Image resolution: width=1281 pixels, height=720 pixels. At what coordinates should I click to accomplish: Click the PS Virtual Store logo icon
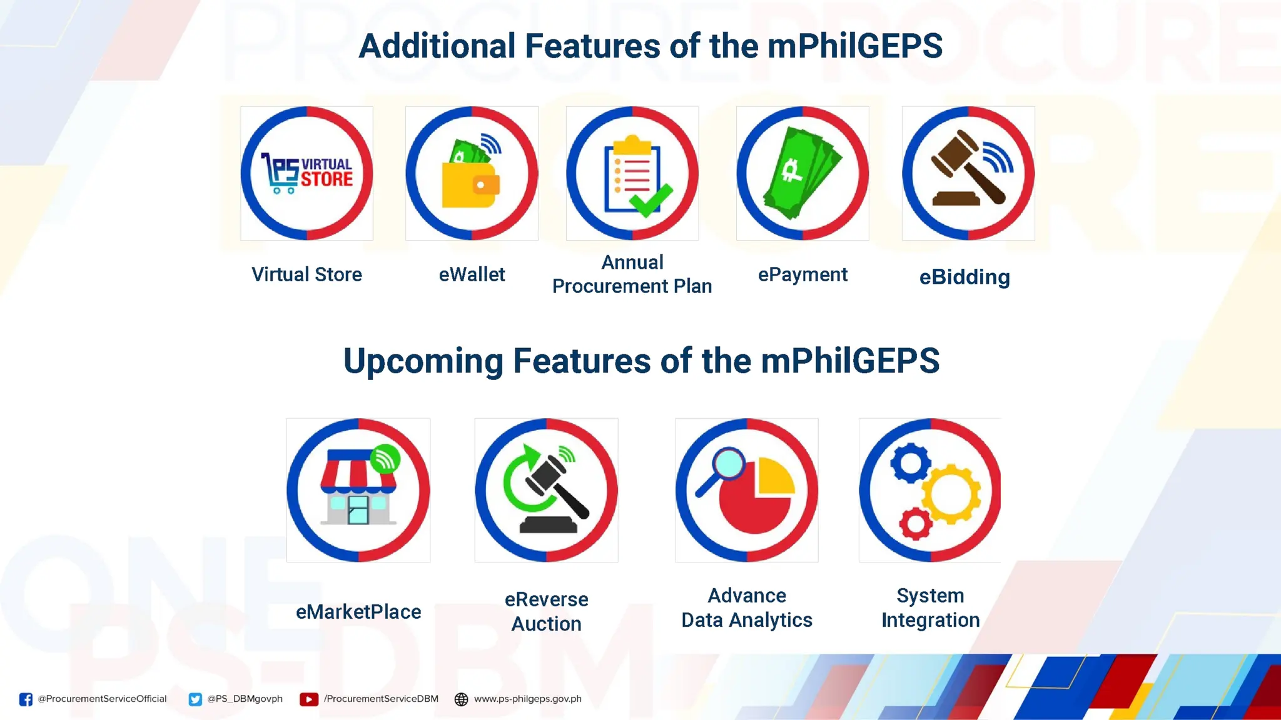(306, 173)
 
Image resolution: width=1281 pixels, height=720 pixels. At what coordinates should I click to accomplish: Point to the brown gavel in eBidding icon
(966, 169)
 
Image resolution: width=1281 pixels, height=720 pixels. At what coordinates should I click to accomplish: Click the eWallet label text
(472, 274)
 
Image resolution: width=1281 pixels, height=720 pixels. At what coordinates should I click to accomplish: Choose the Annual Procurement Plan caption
(632, 274)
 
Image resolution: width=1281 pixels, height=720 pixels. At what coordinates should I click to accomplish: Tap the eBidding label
(965, 277)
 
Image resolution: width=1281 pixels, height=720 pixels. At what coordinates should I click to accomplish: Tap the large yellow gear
(951, 494)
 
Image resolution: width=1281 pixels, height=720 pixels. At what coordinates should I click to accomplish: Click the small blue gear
(910, 463)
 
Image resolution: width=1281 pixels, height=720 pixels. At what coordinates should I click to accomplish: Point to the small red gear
(916, 524)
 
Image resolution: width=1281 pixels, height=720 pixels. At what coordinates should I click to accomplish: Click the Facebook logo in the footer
(26, 699)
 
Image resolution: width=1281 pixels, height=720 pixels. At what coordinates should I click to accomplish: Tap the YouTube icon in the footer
(308, 699)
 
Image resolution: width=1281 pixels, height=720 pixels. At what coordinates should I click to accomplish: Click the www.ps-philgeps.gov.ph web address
(527, 699)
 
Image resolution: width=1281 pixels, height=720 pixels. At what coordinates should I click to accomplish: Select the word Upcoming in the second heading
(423, 361)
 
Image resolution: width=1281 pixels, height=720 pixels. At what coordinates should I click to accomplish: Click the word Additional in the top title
(436, 46)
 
